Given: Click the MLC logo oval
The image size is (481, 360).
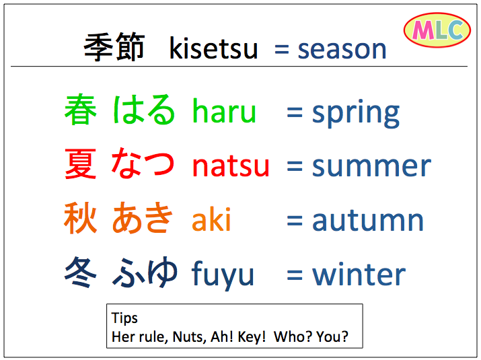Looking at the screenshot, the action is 437,30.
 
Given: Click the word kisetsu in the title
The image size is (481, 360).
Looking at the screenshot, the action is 213,48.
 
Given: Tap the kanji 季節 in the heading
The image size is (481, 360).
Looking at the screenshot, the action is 114,46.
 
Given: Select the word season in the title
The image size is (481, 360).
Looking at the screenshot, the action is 342,50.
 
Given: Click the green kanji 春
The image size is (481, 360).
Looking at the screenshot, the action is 81,110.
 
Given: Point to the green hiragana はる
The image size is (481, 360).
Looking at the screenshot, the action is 144,110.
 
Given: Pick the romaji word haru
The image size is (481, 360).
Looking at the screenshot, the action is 224,110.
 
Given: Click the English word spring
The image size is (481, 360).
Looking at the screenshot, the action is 356,113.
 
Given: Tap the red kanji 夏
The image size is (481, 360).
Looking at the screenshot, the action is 80,164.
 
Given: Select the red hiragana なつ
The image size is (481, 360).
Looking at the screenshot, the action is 143,163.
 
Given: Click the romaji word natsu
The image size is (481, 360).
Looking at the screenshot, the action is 231,166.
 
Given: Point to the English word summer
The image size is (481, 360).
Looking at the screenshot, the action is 372,167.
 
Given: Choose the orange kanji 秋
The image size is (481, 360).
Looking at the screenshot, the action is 80,218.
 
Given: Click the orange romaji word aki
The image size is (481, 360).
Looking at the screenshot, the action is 211,219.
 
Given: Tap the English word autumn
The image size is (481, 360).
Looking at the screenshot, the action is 368,220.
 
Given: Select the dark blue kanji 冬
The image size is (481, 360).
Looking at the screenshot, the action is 81,273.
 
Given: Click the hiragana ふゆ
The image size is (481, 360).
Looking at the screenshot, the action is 145,273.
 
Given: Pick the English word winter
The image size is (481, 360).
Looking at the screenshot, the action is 359,274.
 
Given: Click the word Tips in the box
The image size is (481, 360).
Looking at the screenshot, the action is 124,318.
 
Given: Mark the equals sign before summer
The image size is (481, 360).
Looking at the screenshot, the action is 295,166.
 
